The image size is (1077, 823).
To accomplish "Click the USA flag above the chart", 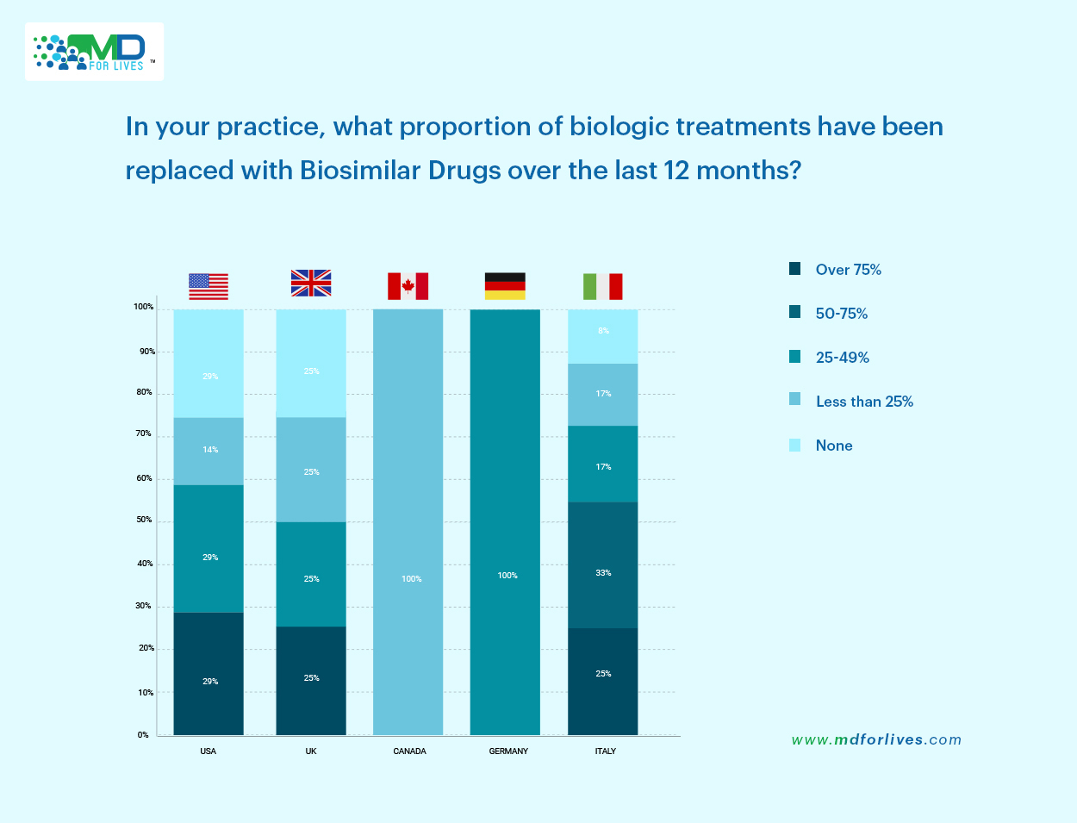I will pyautogui.click(x=209, y=286).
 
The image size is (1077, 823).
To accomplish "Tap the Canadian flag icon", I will pyautogui.click(x=408, y=286).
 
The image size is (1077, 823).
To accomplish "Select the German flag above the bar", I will pyautogui.click(x=505, y=286).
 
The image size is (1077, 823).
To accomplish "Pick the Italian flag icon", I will pyautogui.click(x=602, y=286).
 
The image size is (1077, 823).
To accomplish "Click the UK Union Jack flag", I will pyautogui.click(x=311, y=283).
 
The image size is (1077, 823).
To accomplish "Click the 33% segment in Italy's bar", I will pyautogui.click(x=603, y=565).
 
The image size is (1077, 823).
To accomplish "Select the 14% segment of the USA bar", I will pyautogui.click(x=209, y=451).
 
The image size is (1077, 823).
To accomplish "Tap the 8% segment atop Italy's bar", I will pyautogui.click(x=603, y=336).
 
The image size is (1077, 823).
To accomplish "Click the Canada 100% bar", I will pyautogui.click(x=408, y=522).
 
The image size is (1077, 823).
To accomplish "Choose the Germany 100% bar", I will pyautogui.click(x=505, y=522).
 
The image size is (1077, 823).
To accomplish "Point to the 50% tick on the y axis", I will pyautogui.click(x=143, y=520).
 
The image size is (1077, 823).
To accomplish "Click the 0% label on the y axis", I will pyautogui.click(x=143, y=735).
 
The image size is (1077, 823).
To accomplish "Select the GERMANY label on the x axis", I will pyautogui.click(x=508, y=751).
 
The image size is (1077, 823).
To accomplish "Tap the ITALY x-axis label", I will pyautogui.click(x=606, y=751).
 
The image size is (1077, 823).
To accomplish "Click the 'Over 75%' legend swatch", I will pyautogui.click(x=794, y=269).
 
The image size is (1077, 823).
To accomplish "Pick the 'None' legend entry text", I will pyautogui.click(x=834, y=446).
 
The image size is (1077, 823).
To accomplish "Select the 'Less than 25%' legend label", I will pyautogui.click(x=864, y=402).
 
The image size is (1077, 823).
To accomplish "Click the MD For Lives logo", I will pyautogui.click(x=94, y=52).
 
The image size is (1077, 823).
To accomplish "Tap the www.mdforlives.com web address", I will pyautogui.click(x=876, y=739).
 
